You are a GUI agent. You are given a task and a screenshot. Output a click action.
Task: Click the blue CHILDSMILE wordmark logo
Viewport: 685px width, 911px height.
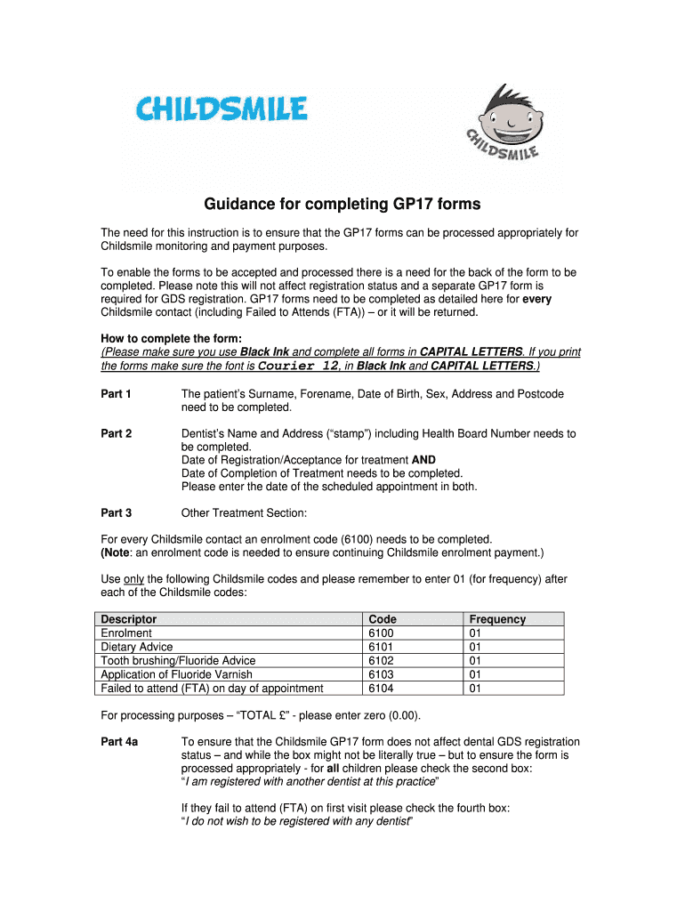[x=222, y=111]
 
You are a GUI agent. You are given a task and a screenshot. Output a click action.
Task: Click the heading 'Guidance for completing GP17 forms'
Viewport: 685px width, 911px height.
[x=342, y=205]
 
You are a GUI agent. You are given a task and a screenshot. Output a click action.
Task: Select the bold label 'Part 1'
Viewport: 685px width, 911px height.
[x=117, y=394]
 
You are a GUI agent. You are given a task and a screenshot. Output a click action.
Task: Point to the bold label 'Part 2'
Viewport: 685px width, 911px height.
[x=117, y=434]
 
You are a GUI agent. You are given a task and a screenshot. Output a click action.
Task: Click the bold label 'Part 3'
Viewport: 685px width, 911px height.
[x=117, y=513]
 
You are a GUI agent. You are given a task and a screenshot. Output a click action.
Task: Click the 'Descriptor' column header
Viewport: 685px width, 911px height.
[x=129, y=619]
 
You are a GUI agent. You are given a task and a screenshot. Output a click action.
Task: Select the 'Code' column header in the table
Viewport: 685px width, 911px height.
[x=383, y=619]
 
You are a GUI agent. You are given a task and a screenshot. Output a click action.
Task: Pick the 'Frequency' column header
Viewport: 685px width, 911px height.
[x=497, y=619]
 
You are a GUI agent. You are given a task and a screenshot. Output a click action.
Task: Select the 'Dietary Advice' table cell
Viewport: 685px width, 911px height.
[x=137, y=647]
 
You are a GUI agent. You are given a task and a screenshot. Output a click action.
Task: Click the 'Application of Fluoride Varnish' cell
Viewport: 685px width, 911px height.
[x=177, y=674]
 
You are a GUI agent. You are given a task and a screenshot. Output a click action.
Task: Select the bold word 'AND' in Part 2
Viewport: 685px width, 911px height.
[x=423, y=460]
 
